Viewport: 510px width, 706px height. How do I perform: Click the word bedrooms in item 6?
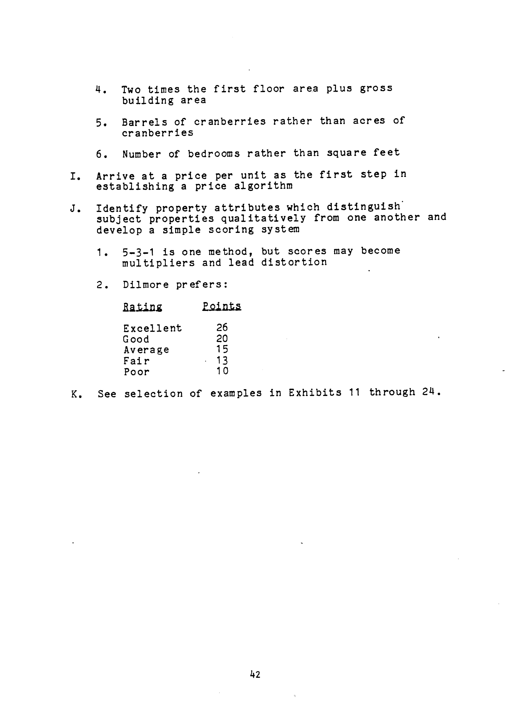click(x=214, y=154)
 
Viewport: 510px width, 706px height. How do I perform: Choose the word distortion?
click(x=294, y=262)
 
